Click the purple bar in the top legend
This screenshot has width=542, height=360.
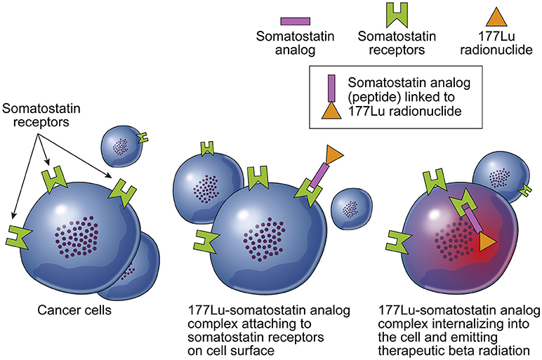[x=295, y=21]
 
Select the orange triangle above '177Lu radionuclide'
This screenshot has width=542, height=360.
[x=496, y=17]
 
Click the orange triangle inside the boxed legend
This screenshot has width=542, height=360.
[x=331, y=111]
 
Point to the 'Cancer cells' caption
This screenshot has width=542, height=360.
[x=74, y=310]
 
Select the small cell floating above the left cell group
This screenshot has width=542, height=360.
[x=121, y=147]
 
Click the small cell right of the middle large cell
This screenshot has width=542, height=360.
[x=352, y=209]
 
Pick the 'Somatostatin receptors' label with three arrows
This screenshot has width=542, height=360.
[x=41, y=115]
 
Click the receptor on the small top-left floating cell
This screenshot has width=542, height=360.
[x=143, y=138]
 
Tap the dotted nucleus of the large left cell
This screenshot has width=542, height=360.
[x=77, y=237]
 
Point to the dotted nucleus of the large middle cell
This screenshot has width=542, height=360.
[x=265, y=241]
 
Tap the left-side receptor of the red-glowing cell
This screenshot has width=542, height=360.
[x=397, y=241]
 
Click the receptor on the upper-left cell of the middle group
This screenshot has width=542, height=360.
[x=207, y=149]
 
